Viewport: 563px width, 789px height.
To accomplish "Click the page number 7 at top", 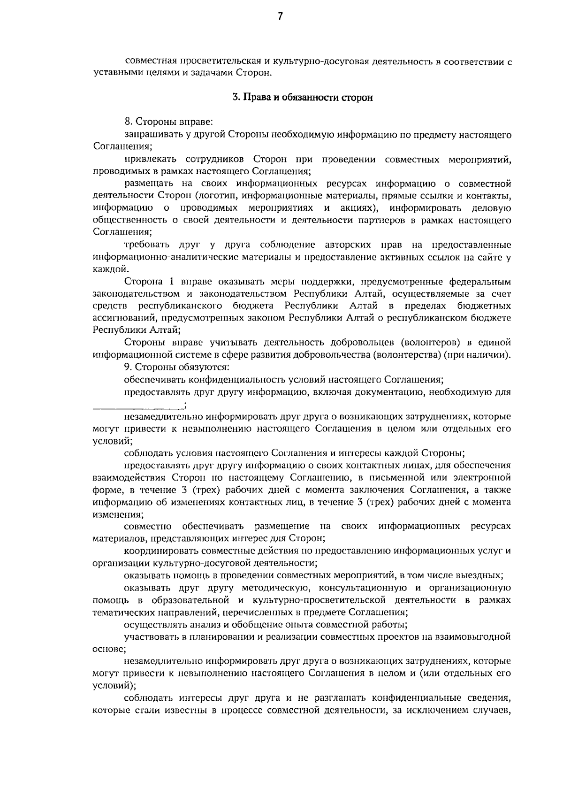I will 280,17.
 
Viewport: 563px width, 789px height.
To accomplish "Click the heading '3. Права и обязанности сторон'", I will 303,98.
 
